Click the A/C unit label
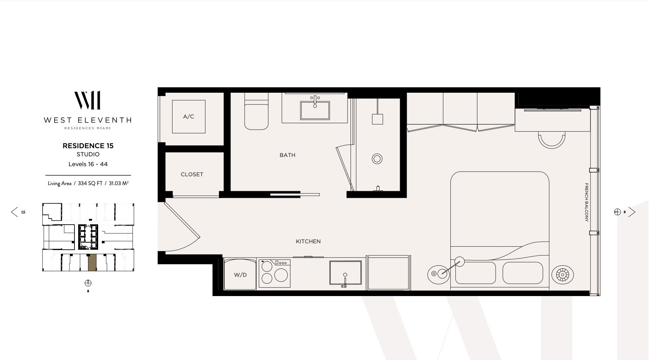188,117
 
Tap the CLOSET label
192,175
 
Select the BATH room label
287,155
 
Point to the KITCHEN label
308,242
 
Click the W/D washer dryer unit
240,274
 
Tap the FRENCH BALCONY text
586,202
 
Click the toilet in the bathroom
256,115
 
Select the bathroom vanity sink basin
315,110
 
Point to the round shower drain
377,159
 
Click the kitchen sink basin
345,273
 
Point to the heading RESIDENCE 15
88,146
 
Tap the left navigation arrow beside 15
14,212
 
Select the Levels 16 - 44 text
88,164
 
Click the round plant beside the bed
562,275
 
